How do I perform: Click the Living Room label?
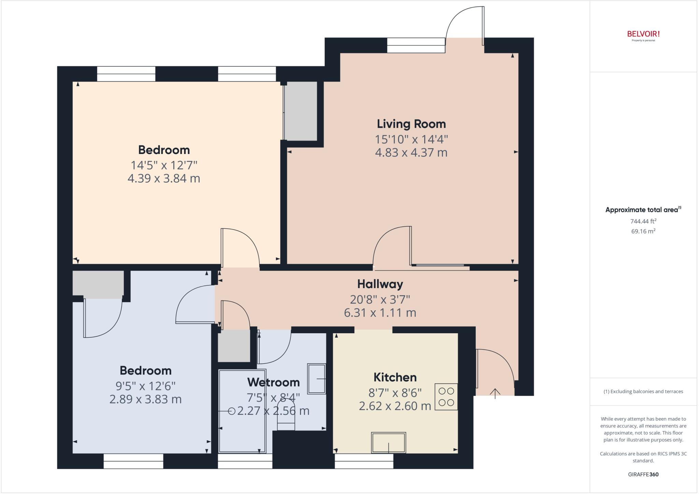pyautogui.click(x=411, y=124)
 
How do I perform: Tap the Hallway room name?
pyautogui.click(x=380, y=284)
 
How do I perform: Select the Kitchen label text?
pyautogui.click(x=395, y=377)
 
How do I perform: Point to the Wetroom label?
pyautogui.click(x=273, y=382)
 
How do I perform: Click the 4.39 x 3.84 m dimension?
pyautogui.click(x=164, y=178)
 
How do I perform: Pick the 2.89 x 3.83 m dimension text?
pyautogui.click(x=145, y=399)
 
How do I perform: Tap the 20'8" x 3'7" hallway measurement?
pyautogui.click(x=380, y=299)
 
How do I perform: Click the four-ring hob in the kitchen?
pyautogui.click(x=446, y=397)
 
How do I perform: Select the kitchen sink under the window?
pyautogui.click(x=389, y=442)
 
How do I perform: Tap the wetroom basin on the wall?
pyautogui.click(x=317, y=378)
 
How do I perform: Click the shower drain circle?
pyautogui.click(x=232, y=411)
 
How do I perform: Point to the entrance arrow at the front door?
pyautogui.click(x=495, y=393)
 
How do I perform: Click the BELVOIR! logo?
pyautogui.click(x=643, y=34)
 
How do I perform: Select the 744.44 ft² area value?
pyautogui.click(x=643, y=221)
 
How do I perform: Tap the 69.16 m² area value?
pyautogui.click(x=643, y=231)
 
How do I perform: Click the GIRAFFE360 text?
pyautogui.click(x=643, y=474)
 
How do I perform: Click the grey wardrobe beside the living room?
pyautogui.click(x=301, y=111)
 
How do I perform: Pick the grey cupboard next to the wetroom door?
pyautogui.click(x=234, y=346)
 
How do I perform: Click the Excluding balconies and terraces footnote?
pyautogui.click(x=643, y=392)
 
